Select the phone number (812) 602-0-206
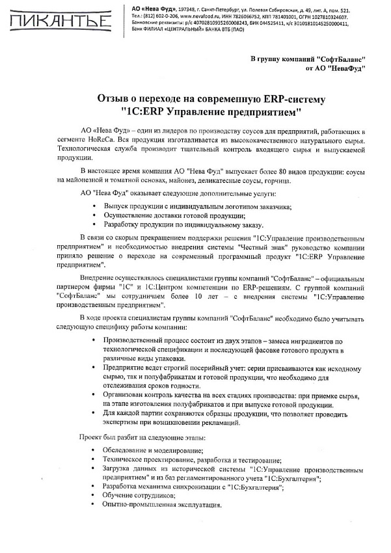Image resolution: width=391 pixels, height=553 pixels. (x=154, y=18)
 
